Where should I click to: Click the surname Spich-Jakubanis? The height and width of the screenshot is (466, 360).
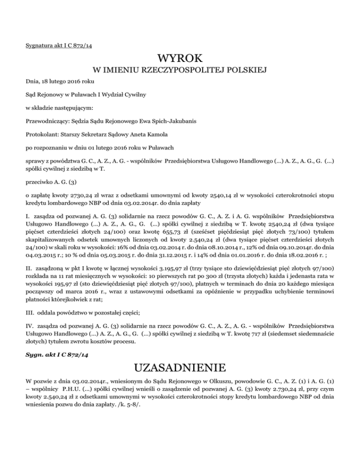[163, 120]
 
